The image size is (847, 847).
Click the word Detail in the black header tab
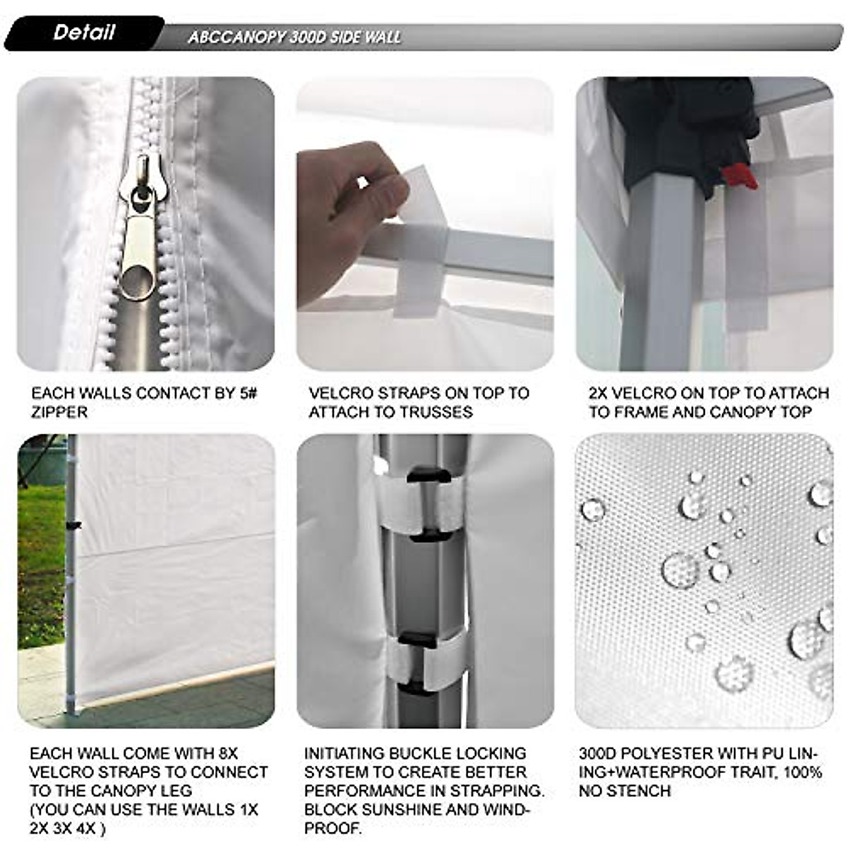click(83, 32)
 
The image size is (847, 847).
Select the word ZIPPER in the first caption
click(59, 412)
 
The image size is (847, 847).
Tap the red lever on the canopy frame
click(740, 176)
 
